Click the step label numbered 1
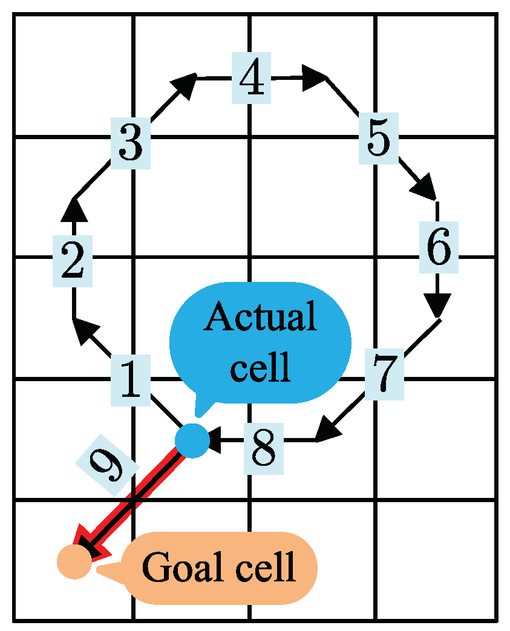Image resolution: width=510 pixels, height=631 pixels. point(130,381)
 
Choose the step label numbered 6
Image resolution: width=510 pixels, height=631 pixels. point(437,247)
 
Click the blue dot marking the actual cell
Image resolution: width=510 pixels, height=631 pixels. point(192,440)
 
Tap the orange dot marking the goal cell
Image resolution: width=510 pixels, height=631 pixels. point(74,561)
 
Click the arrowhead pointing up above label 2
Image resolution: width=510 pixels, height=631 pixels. point(73,209)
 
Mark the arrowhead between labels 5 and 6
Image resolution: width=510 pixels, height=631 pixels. point(425,188)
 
